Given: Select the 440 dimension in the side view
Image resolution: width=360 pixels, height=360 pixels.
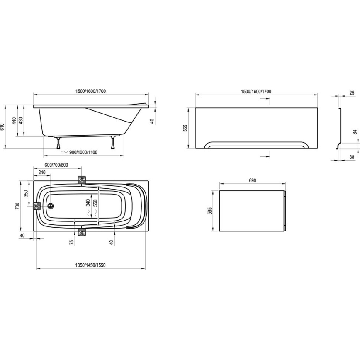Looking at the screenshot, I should pyautogui.click(x=14, y=121).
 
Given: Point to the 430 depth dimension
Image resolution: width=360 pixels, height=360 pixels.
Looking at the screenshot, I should pyautogui.click(x=21, y=121).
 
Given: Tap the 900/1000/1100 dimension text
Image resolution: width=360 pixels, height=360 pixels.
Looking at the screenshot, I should pyautogui.click(x=83, y=152).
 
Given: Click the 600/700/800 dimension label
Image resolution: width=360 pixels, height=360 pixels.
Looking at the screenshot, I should pyautogui.click(x=56, y=165).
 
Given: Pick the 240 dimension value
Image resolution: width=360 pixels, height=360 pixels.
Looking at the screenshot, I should pyautogui.click(x=42, y=172).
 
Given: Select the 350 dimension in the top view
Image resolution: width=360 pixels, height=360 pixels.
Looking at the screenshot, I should pyautogui.click(x=26, y=194).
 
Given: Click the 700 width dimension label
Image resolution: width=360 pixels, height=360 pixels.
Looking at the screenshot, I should pyautogui.click(x=18, y=206).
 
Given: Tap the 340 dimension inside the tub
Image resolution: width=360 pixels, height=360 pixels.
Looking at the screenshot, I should pyautogui.click(x=87, y=203).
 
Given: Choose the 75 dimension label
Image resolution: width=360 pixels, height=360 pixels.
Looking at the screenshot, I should pyautogui.click(x=72, y=242).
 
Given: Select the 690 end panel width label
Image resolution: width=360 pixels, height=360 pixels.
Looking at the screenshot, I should pyautogui.click(x=252, y=180).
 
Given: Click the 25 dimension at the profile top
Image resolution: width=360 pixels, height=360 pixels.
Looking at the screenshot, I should pyautogui.click(x=352, y=93).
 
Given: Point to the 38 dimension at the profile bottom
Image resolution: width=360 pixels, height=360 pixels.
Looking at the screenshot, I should pyautogui.click(x=352, y=157).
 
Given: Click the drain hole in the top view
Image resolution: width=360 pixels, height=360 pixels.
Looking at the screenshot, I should pyautogui.click(x=51, y=206).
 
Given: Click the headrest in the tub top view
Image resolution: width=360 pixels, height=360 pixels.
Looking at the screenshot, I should pyautogui.click(x=136, y=206).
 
